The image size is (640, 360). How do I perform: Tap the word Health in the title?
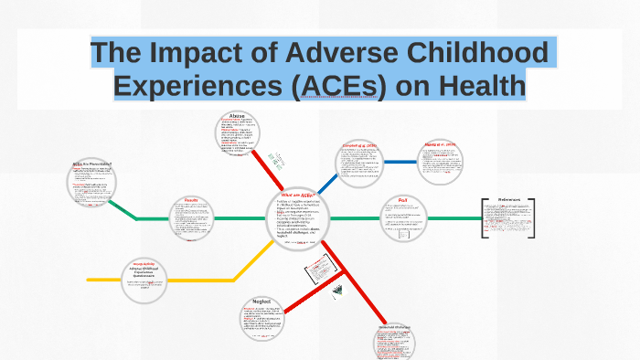pyautogui.click(x=475, y=86)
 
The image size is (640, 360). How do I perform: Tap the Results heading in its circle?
pyautogui.click(x=192, y=200)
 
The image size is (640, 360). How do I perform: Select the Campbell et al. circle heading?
pyautogui.click(x=358, y=145)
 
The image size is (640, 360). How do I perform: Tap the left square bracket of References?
pyautogui.click(x=484, y=218)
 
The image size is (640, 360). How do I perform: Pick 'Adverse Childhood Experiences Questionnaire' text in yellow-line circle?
pyautogui.click(x=149, y=274)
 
